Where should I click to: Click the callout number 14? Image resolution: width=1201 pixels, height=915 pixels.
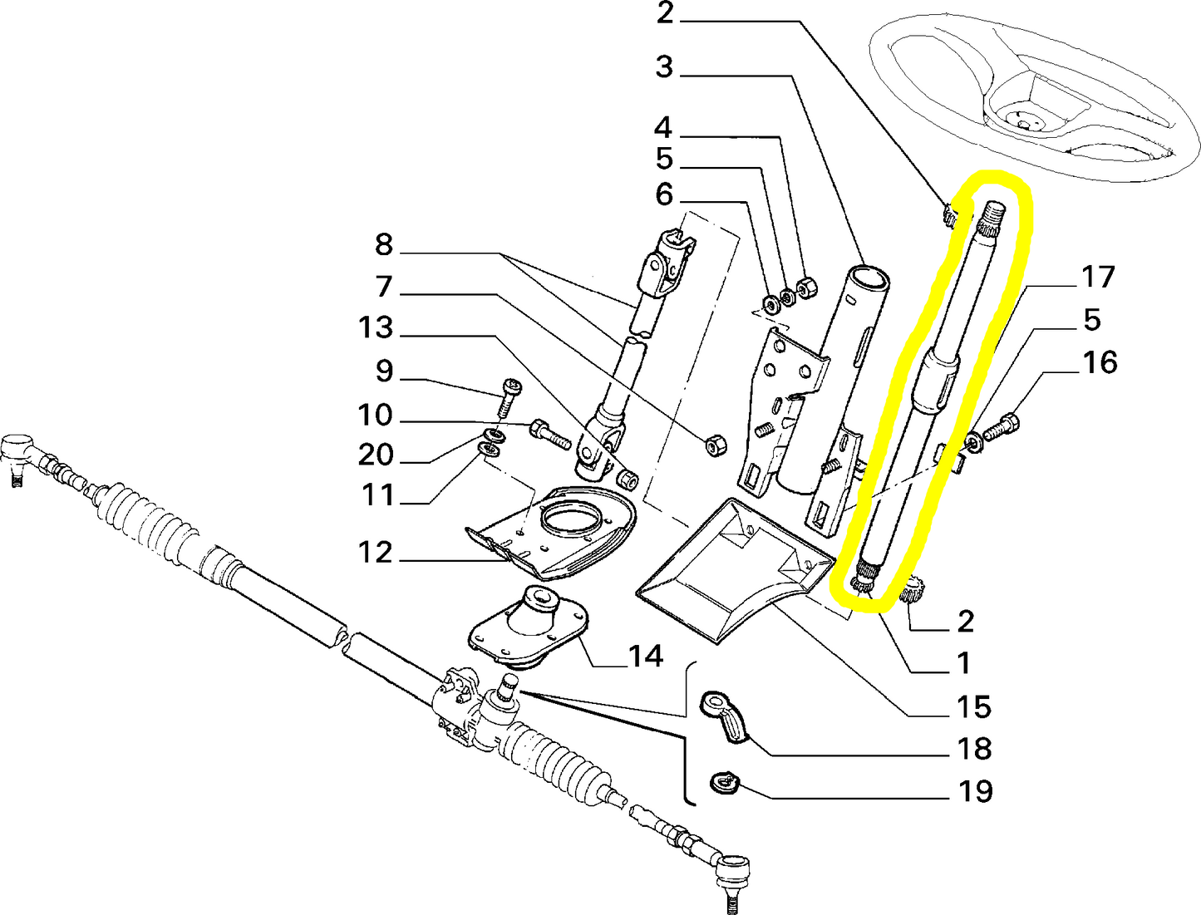tap(646, 656)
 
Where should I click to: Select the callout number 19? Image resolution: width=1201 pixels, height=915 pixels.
tap(975, 790)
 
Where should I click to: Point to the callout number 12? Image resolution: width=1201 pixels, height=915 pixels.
tap(375, 552)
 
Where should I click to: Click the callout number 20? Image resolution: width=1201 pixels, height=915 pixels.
tap(375, 455)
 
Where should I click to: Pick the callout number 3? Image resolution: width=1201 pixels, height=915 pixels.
tap(663, 66)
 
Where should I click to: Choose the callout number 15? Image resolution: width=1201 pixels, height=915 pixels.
tap(974, 706)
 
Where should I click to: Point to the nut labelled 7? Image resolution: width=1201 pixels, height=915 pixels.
tap(714, 446)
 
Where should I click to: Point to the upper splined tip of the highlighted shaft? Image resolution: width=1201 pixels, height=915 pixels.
tap(992, 218)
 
